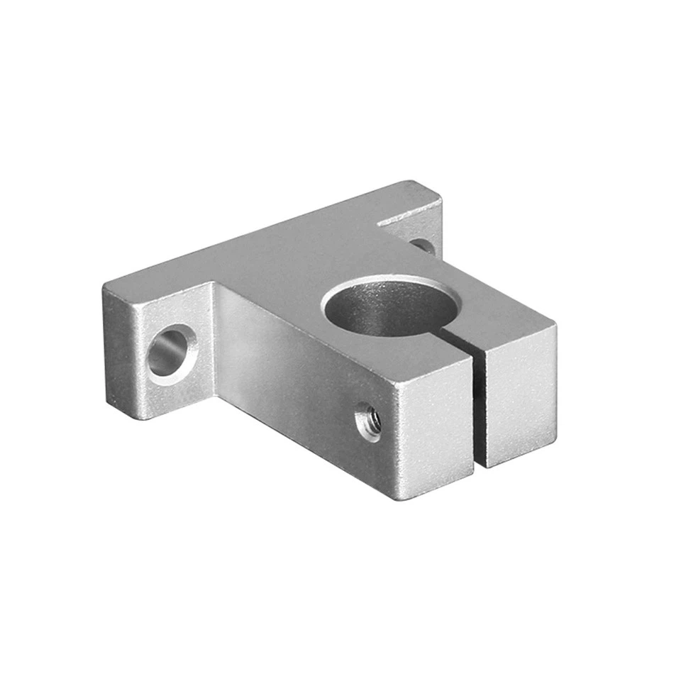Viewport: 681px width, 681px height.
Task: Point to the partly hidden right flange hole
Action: coord(423,245)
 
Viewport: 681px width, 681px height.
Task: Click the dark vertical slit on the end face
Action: coord(480,411)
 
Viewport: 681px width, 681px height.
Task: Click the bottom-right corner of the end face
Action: coord(554,448)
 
